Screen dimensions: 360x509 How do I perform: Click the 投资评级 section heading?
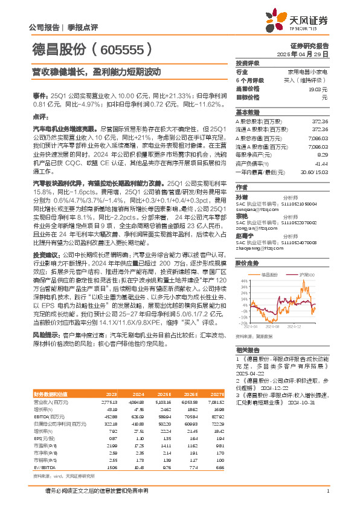[248, 63]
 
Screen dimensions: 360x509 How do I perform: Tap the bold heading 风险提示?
[47, 334]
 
